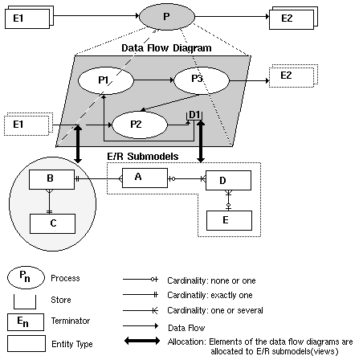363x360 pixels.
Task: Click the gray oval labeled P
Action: tap(165, 15)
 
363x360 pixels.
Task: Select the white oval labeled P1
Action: tap(104, 80)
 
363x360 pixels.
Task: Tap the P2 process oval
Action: tap(136, 125)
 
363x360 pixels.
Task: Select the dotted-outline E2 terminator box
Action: tap(288, 76)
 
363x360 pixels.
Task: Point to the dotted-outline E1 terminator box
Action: tap(26, 126)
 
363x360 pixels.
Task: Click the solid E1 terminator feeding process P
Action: tap(29, 16)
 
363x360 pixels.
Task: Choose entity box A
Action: tap(137, 178)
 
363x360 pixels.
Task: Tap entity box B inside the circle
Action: tap(50, 179)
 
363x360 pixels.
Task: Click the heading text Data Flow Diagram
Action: tap(166, 48)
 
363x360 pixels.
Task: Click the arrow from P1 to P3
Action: tap(153, 80)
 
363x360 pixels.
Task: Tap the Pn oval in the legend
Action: tap(27, 279)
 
